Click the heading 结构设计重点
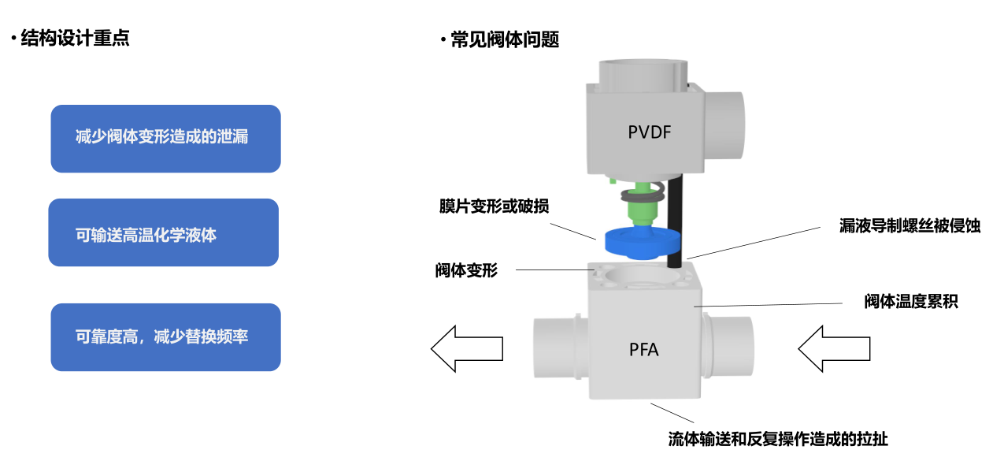point(75,39)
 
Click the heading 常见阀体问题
point(504,40)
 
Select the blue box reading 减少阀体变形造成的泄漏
point(165,139)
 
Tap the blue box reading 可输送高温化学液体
point(163,232)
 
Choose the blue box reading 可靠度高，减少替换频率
point(165,337)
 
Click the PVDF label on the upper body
point(649,132)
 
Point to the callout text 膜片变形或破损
point(494,206)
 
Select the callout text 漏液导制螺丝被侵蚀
point(910,225)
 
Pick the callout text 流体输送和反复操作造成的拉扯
point(777,439)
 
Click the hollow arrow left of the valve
point(467,347)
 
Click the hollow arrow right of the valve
point(834,347)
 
